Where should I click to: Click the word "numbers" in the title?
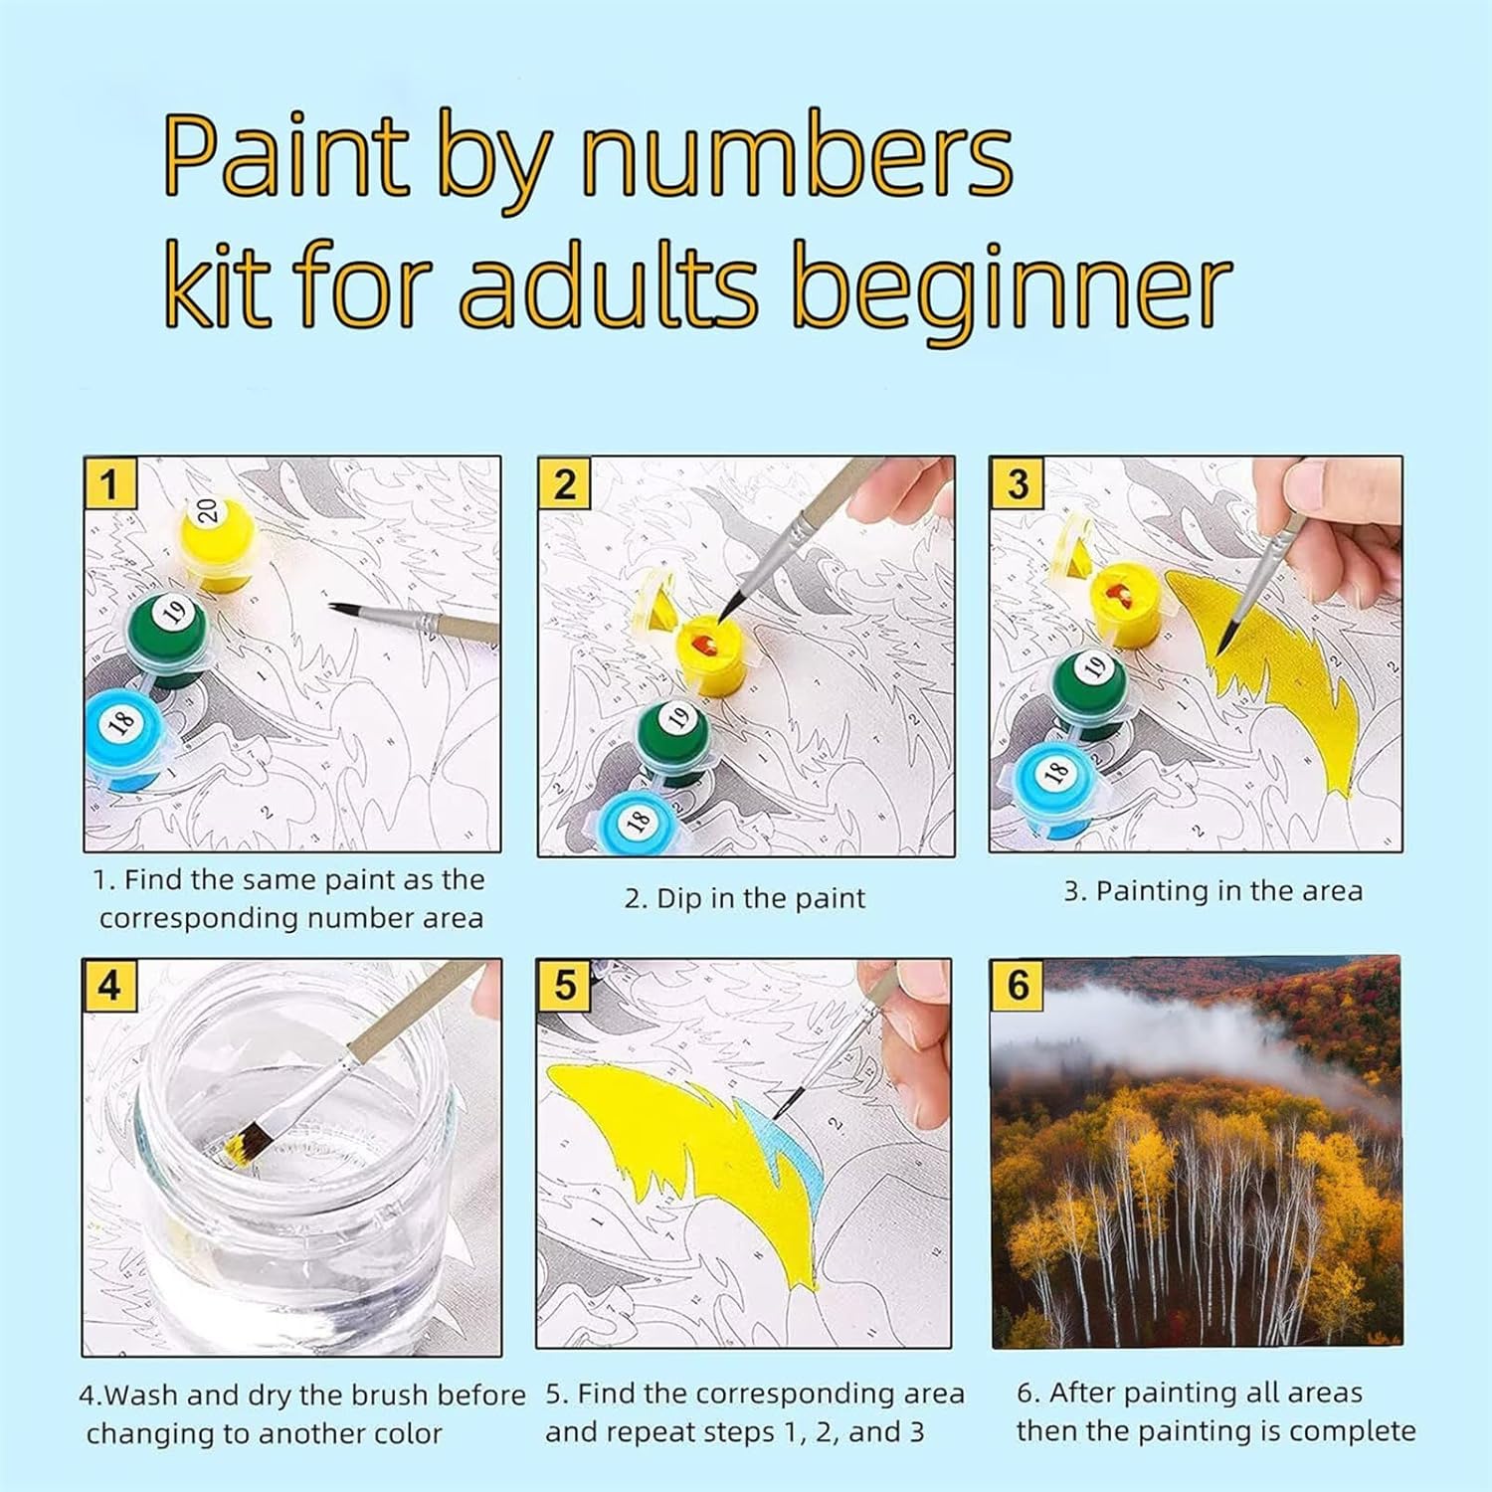(x=797, y=156)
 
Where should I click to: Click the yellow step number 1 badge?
(x=109, y=484)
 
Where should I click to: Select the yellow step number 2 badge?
(x=564, y=484)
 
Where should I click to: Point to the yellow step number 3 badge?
(x=1017, y=484)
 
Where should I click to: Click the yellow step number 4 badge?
(x=109, y=986)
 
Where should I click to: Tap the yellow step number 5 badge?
(x=564, y=986)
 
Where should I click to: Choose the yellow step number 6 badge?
(x=1017, y=986)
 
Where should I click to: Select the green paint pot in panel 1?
(x=167, y=638)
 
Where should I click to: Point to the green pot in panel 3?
(x=1092, y=692)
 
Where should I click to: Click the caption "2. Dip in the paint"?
(x=745, y=898)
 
